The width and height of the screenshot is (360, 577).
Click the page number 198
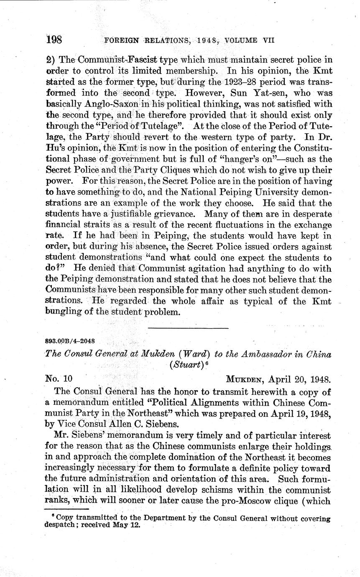click(54, 40)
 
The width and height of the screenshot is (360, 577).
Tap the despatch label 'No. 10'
click(59, 379)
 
